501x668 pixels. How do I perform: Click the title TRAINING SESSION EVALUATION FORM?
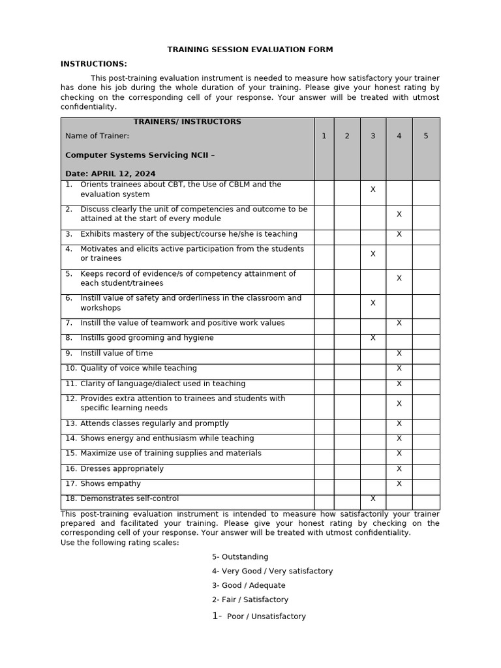point(250,50)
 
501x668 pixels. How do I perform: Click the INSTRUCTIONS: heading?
point(93,64)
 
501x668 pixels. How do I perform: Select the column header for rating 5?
point(425,136)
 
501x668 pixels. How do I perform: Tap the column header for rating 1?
point(324,136)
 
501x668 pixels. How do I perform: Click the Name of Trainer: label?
point(97,136)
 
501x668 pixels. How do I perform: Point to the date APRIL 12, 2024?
point(123,174)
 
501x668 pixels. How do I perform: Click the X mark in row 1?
point(372,189)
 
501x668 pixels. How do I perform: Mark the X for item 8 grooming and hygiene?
point(372,338)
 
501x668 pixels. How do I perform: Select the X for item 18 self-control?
point(372,498)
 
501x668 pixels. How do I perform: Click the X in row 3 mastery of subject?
point(399,234)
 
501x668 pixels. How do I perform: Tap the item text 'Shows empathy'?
point(110,483)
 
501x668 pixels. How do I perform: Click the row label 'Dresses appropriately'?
point(122,468)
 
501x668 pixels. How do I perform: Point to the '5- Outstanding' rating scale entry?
point(240,556)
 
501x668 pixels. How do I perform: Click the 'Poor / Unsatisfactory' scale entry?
point(266,616)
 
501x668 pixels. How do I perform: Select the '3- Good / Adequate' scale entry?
point(249,585)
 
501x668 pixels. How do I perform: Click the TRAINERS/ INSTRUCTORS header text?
point(187,122)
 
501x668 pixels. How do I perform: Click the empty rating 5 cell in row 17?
point(425,483)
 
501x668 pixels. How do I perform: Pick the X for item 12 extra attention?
point(399,404)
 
